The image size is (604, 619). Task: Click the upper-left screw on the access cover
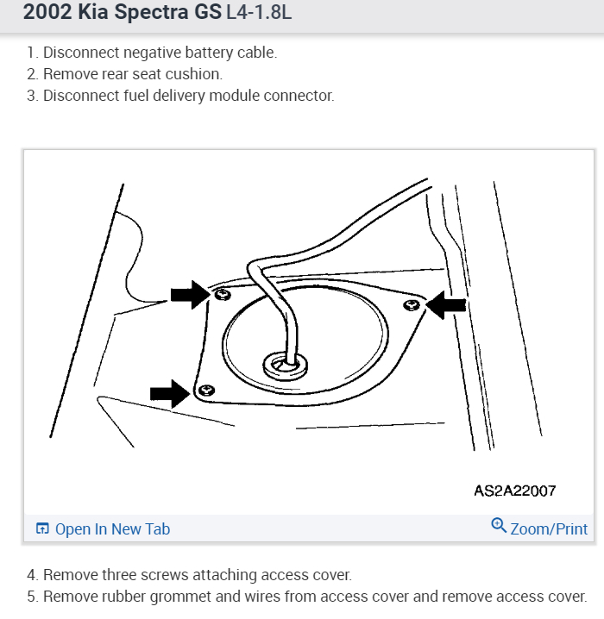pyautogui.click(x=222, y=295)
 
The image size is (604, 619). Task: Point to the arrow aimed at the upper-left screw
pyautogui.click(x=189, y=295)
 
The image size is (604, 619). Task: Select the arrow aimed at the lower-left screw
pyautogui.click(x=169, y=394)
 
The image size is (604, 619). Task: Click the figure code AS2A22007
pyautogui.click(x=515, y=491)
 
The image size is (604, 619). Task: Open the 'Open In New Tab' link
pyautogui.click(x=112, y=529)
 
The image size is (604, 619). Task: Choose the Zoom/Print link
pyautogui.click(x=549, y=529)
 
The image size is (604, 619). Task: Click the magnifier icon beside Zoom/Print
pyautogui.click(x=499, y=526)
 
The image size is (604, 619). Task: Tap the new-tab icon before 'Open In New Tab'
pyautogui.click(x=42, y=529)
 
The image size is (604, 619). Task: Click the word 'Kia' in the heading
pyautogui.click(x=96, y=13)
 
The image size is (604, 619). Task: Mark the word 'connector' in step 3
pyautogui.click(x=301, y=96)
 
